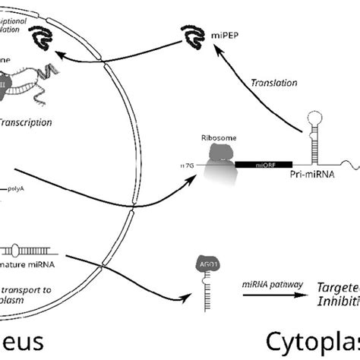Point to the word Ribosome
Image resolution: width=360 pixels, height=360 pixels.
213,139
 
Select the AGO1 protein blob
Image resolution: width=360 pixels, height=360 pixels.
201,265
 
